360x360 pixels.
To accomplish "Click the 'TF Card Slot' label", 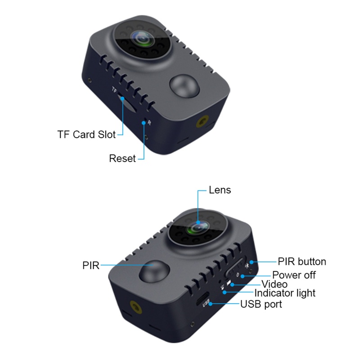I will [x=86, y=134].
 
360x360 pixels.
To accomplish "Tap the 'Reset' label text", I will [x=122, y=158].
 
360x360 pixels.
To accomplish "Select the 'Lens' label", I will [x=220, y=190].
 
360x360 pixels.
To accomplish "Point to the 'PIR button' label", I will [x=301, y=261].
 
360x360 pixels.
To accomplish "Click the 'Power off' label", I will [x=294, y=275].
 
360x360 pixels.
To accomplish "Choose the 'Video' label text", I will [x=274, y=284].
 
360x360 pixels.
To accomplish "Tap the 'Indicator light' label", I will [x=285, y=293].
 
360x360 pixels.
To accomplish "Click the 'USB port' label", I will [x=261, y=305].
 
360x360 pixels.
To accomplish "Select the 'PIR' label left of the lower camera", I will [x=90, y=265].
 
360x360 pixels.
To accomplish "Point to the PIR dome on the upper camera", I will [x=182, y=85].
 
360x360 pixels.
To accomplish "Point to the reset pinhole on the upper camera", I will [x=144, y=121].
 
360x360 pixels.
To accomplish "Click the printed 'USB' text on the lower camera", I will [x=207, y=305].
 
